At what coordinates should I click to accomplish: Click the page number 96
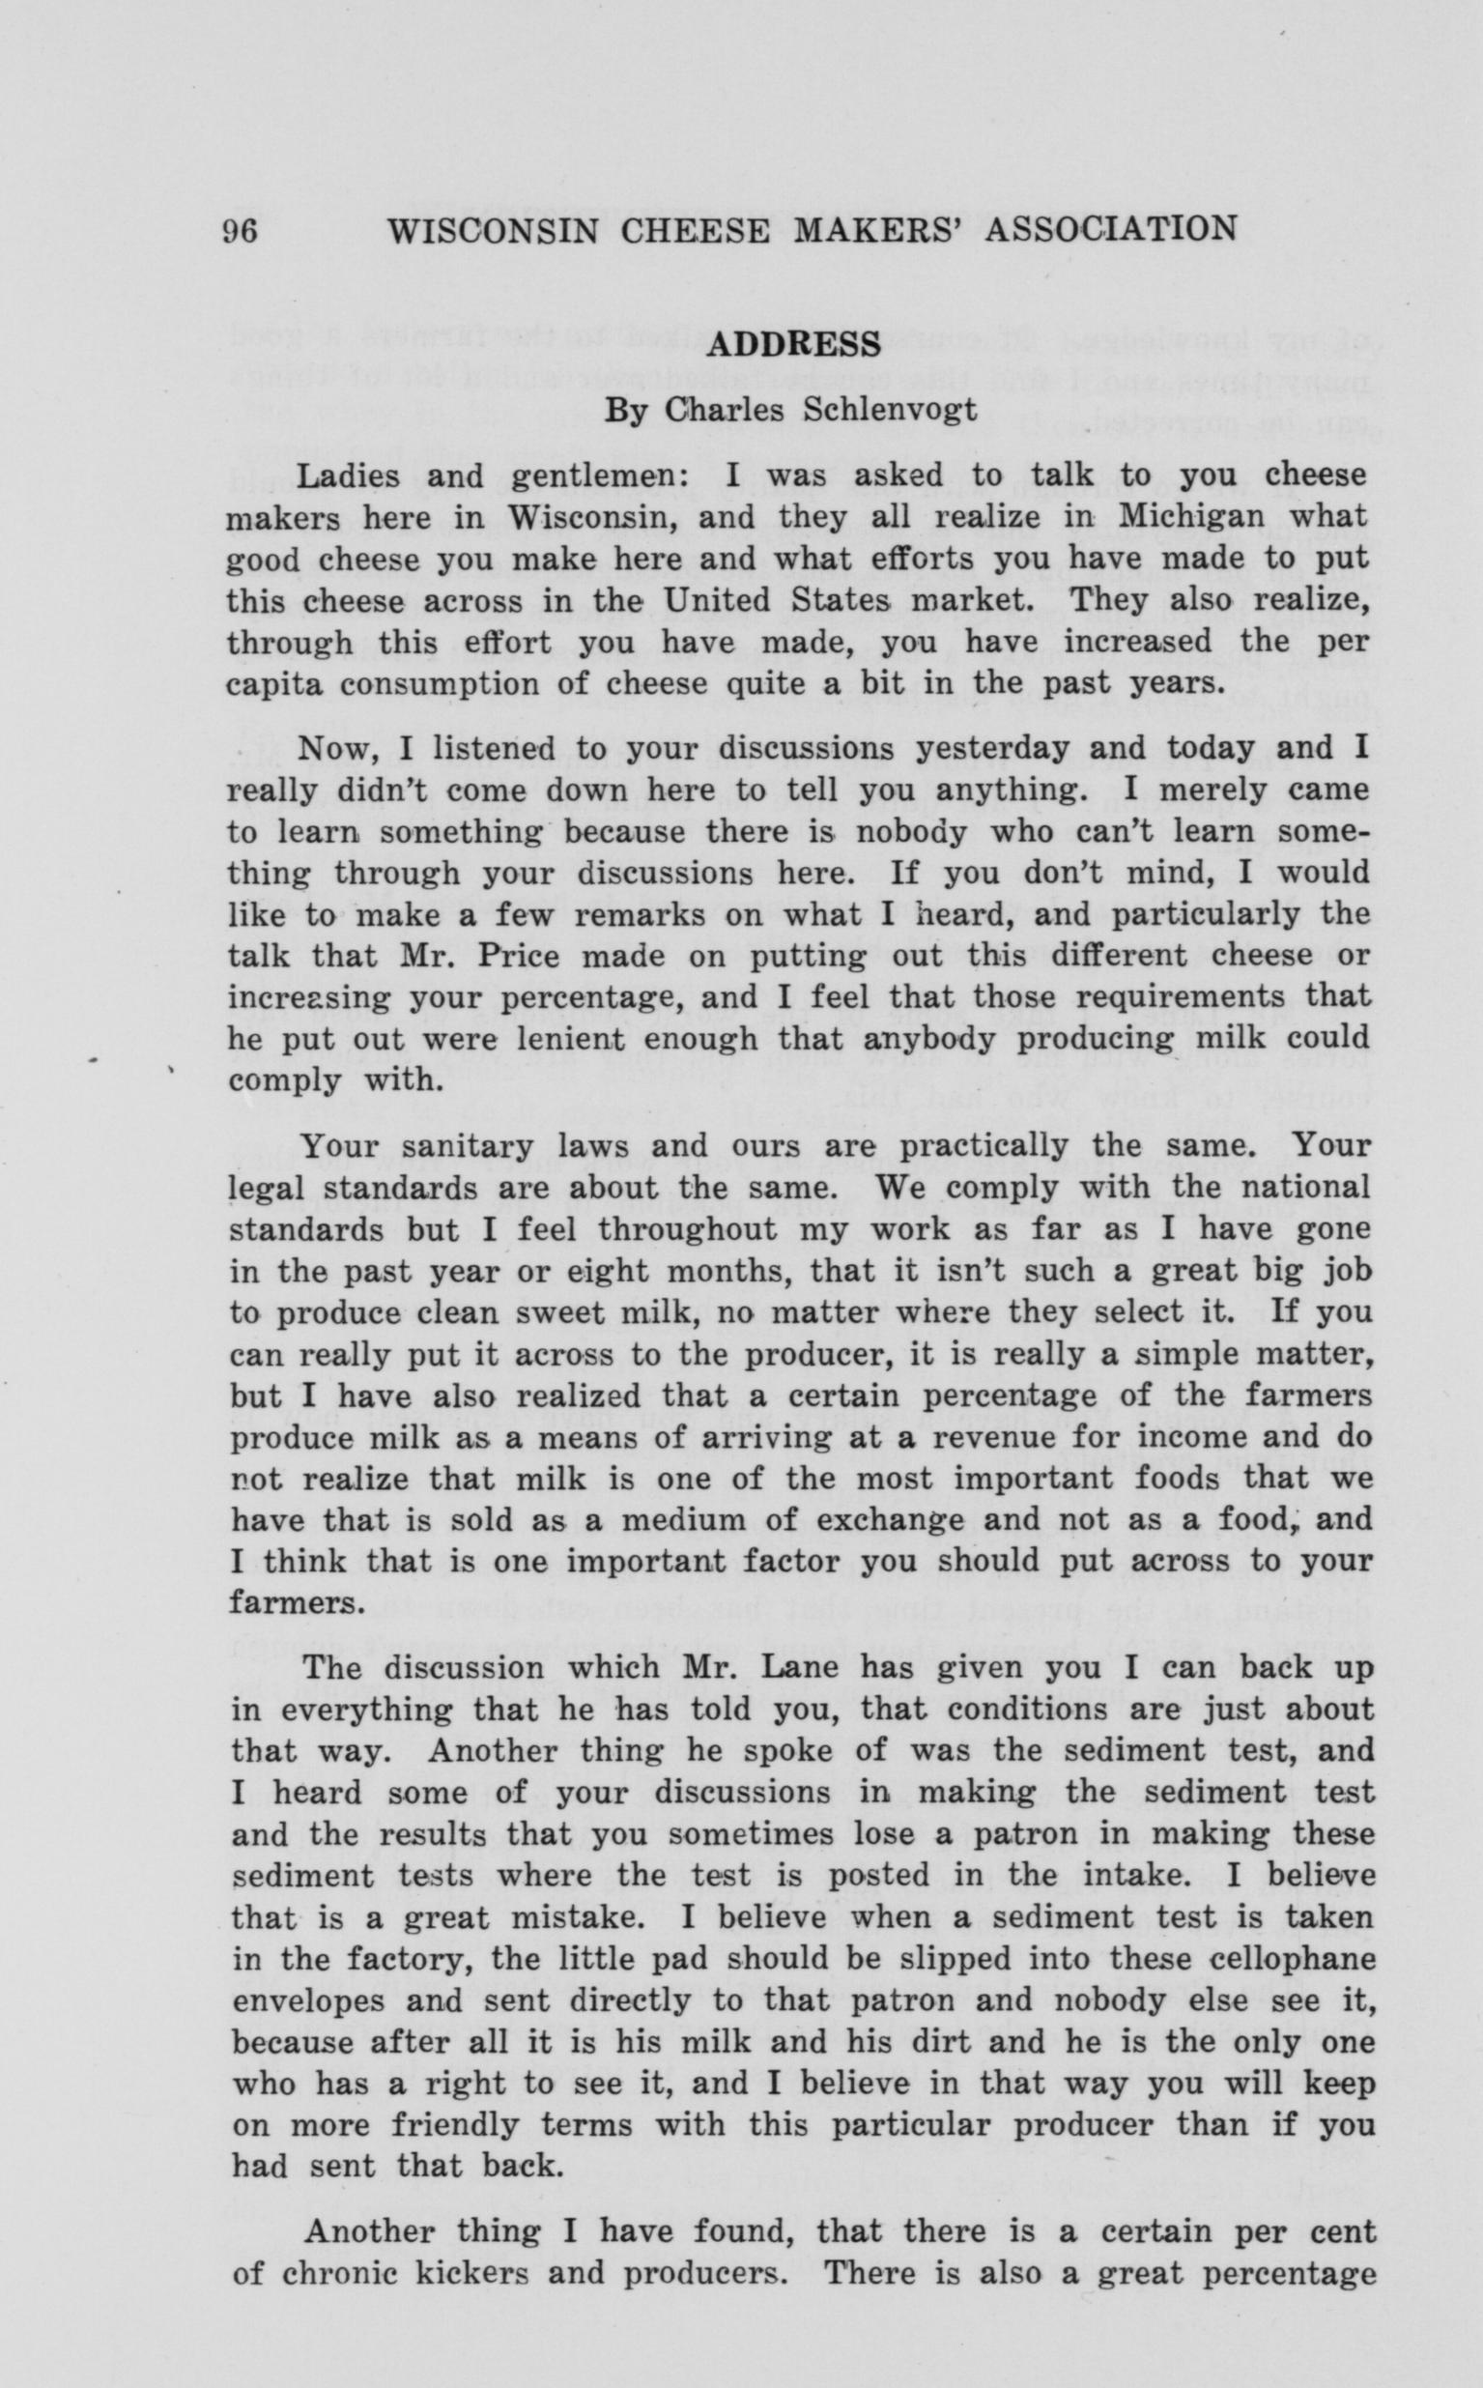coord(241,231)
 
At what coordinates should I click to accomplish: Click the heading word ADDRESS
coord(792,344)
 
